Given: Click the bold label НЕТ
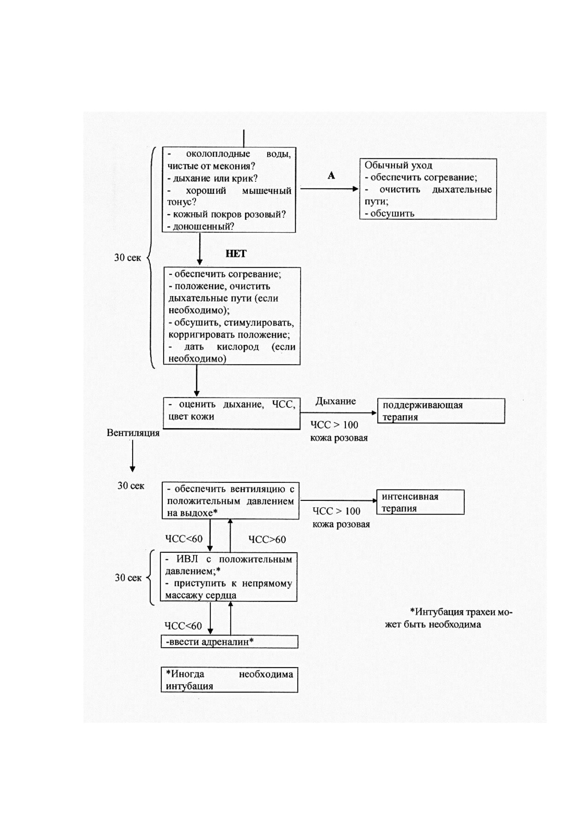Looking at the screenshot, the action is pos(236,254).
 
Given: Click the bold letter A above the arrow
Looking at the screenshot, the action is pos(331,176).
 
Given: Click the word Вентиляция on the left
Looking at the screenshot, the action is pos(133,433).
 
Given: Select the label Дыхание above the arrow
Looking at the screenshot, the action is pos(336,401).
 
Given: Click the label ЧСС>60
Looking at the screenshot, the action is pos(267,539).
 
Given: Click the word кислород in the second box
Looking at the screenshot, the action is pos(238,346).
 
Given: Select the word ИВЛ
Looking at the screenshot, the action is pos(187,559).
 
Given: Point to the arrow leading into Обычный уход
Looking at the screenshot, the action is pos(329,189).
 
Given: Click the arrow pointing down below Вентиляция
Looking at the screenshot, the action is pos(133,456).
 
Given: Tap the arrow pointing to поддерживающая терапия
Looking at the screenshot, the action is pos(339,413).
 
